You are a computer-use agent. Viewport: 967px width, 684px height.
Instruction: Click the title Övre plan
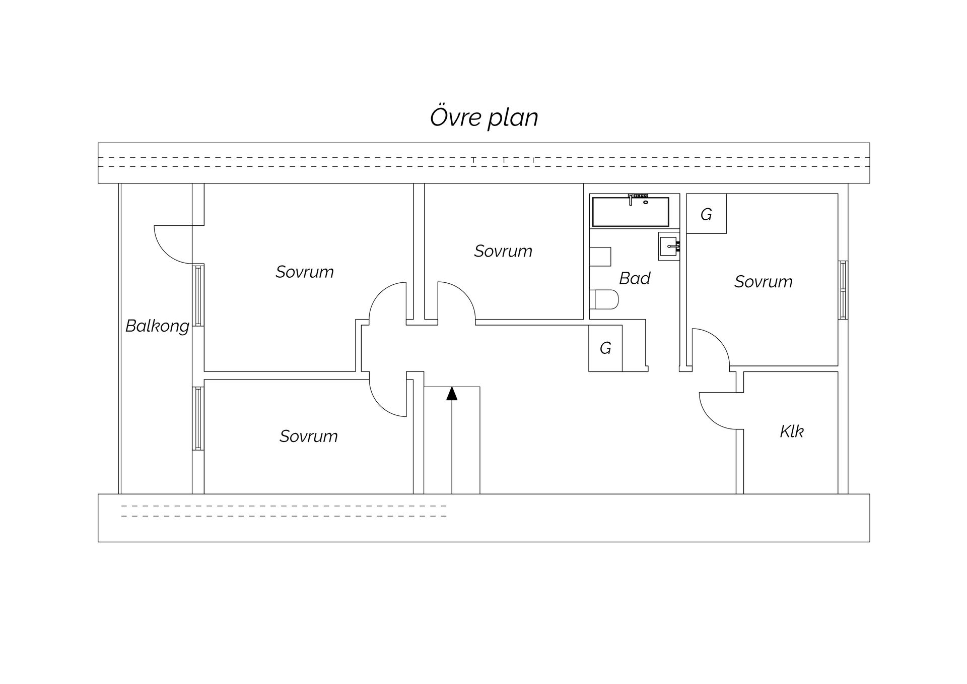click(x=484, y=117)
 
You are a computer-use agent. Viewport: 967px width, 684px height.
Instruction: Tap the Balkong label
click(x=157, y=326)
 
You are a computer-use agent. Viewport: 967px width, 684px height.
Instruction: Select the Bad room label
click(x=635, y=278)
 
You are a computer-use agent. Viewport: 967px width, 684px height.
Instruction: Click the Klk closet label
click(x=791, y=431)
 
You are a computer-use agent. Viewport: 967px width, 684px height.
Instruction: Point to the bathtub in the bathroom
click(x=630, y=212)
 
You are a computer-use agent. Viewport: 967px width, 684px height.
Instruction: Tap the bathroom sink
click(x=669, y=246)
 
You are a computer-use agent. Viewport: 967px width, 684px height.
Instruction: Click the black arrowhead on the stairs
click(x=452, y=394)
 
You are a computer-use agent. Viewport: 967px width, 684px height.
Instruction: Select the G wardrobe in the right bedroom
click(x=706, y=214)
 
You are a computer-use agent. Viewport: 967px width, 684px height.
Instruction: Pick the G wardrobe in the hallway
click(x=605, y=348)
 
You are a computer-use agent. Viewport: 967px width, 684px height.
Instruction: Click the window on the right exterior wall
click(x=843, y=290)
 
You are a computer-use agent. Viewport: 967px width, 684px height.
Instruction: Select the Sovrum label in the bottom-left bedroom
click(x=309, y=436)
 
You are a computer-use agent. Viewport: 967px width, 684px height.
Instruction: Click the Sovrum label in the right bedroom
click(x=763, y=282)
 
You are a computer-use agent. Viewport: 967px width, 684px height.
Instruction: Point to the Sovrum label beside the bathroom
click(x=503, y=251)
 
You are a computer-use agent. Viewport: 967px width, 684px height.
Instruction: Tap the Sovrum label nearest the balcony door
click(x=305, y=272)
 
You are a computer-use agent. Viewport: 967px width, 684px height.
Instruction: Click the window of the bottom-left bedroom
click(x=198, y=418)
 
